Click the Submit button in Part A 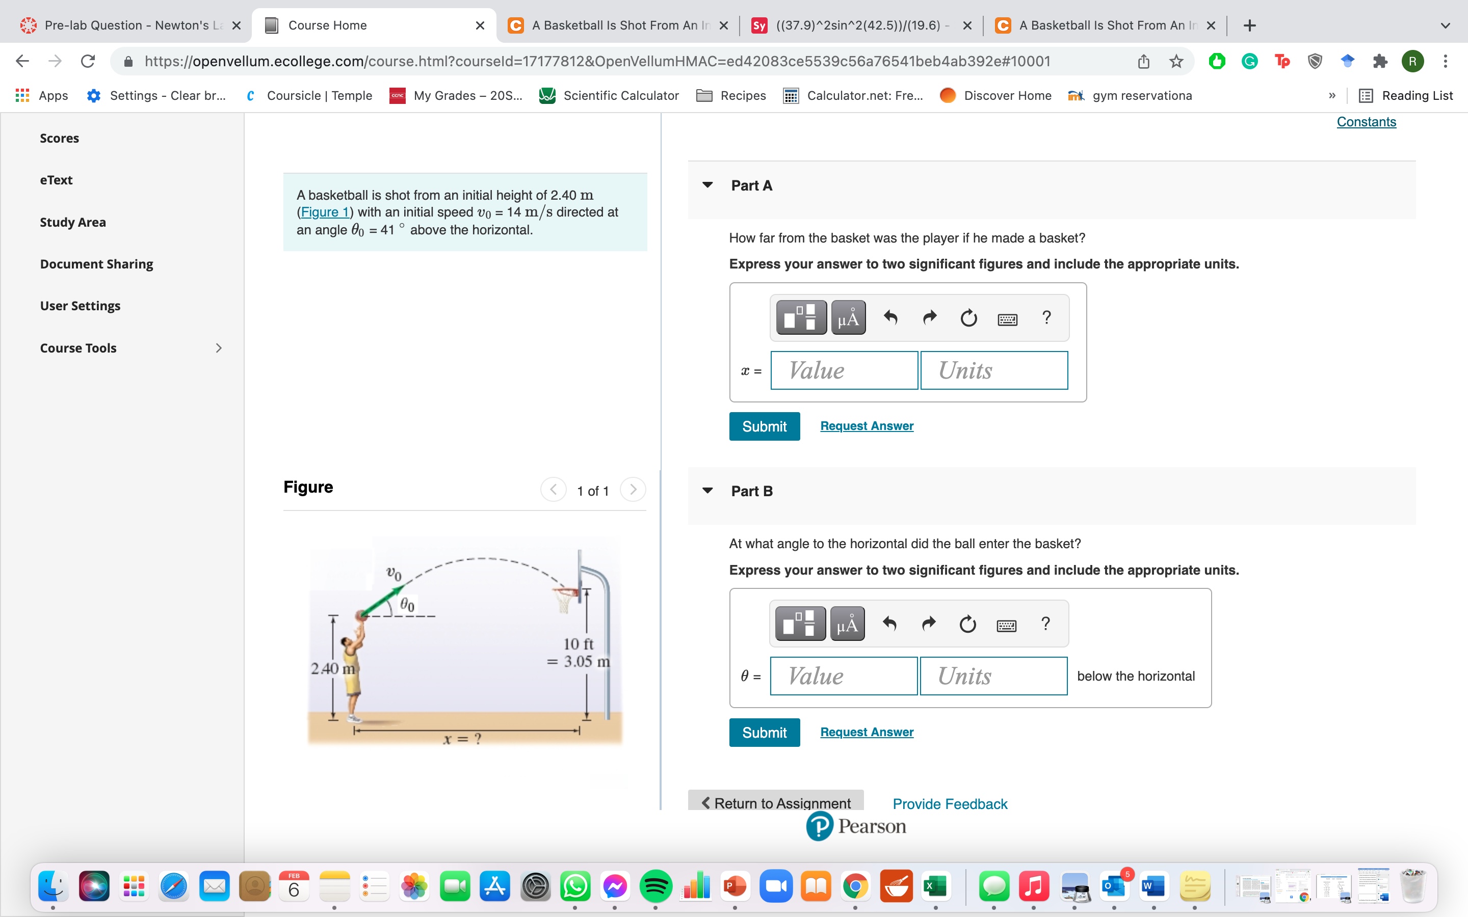(x=764, y=426)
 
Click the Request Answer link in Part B (x=866, y=732)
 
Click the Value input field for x (x=844, y=370)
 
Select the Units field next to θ (x=993, y=676)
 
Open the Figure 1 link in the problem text (x=325, y=212)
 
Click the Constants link (x=1366, y=122)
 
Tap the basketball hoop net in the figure (x=564, y=601)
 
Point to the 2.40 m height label (x=332, y=668)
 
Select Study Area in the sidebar (x=73, y=222)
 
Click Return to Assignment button (x=776, y=803)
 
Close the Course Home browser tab (x=480, y=25)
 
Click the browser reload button (x=88, y=61)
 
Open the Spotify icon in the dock (x=655, y=886)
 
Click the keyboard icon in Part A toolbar (x=1007, y=318)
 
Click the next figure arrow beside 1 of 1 (x=633, y=490)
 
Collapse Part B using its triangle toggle (x=707, y=491)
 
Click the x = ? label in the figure (x=462, y=739)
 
